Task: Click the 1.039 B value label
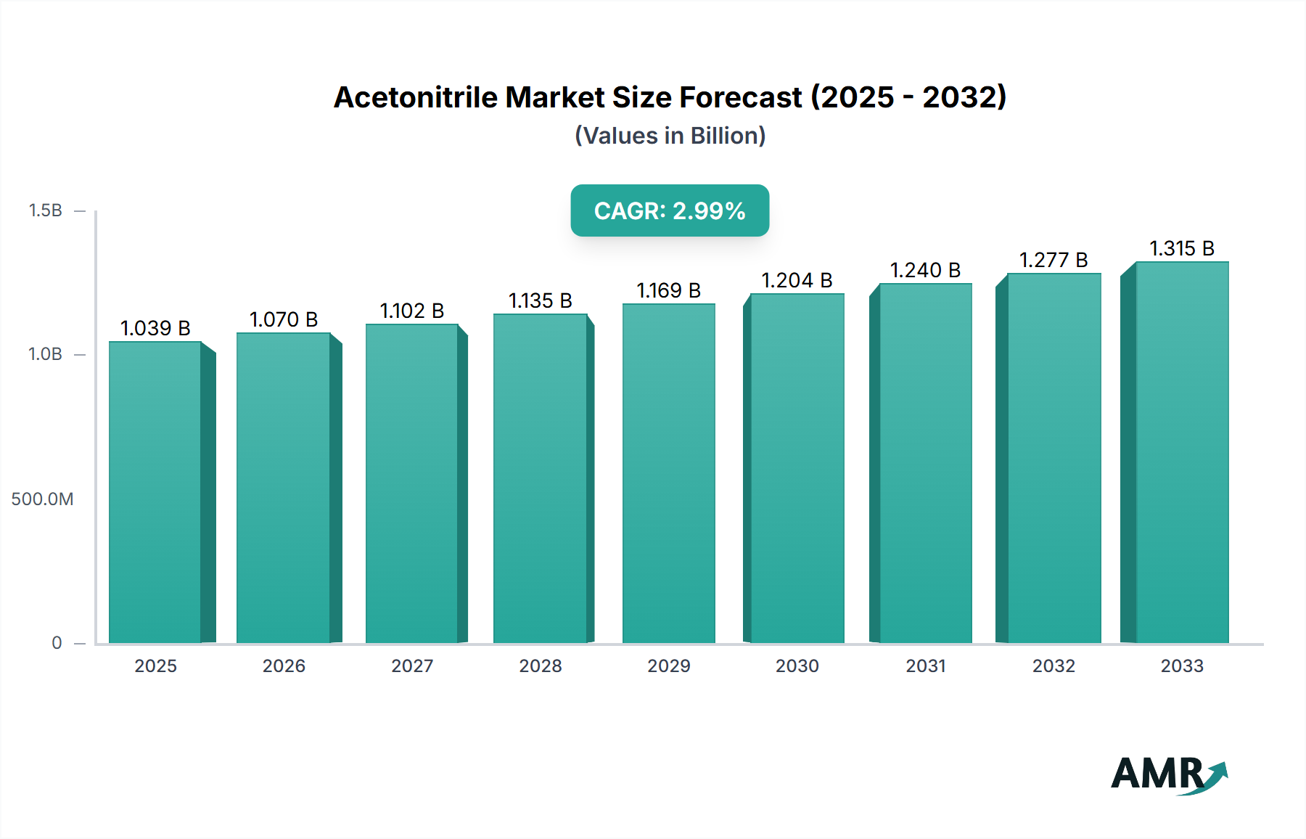point(155,328)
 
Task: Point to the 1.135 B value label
point(540,300)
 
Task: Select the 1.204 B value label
point(797,280)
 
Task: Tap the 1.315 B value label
point(1182,248)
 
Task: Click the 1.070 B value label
point(284,319)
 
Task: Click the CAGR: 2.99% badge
point(670,210)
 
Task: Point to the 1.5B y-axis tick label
point(45,210)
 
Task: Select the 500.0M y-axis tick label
point(42,499)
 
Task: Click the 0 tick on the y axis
point(57,642)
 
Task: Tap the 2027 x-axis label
point(412,666)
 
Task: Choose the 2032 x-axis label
point(1054,666)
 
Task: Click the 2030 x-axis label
point(797,666)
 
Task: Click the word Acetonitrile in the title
point(416,97)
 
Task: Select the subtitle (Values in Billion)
point(670,136)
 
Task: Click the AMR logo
point(1168,774)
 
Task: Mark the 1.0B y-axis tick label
point(45,354)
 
